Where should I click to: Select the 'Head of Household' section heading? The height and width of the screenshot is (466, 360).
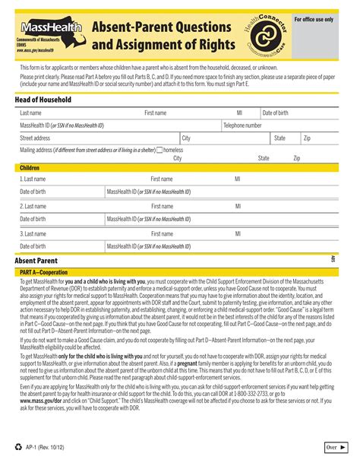pyautogui.click(x=43, y=100)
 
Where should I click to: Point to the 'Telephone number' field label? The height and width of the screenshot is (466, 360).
pyautogui.click(x=242, y=125)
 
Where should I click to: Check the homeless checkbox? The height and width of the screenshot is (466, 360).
pyautogui.click(x=159, y=151)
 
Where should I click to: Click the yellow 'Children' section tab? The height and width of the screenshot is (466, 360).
pyautogui.click(x=30, y=167)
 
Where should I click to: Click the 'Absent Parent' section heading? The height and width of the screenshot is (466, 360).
pyautogui.click(x=38, y=261)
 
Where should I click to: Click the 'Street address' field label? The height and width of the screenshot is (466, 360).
pyautogui.click(x=35, y=138)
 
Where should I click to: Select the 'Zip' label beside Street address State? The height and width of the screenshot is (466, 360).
pyautogui.click(x=307, y=138)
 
